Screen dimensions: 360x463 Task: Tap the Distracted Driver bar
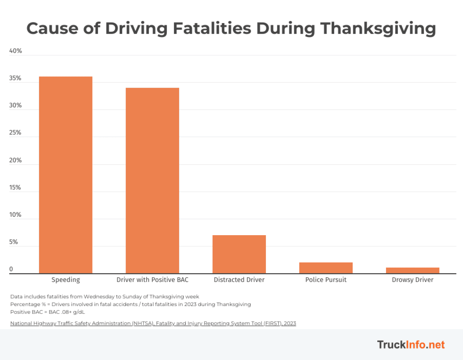tap(239, 254)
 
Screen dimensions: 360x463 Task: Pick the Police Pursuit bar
tap(326, 268)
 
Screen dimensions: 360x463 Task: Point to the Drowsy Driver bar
tap(412, 270)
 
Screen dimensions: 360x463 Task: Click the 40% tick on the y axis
tap(16, 51)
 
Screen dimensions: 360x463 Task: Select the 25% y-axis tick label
tap(15, 133)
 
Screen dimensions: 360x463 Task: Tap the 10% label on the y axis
tap(15, 215)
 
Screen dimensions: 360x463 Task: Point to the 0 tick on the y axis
tap(11, 269)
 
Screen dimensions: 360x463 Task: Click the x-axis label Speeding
tap(65, 280)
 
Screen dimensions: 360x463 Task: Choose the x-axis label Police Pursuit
tap(326, 280)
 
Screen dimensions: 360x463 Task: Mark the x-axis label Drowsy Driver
tap(412, 280)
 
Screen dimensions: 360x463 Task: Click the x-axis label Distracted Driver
tap(239, 280)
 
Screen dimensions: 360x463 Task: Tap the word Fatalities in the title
tap(212, 28)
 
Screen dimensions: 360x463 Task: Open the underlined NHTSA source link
tap(153, 323)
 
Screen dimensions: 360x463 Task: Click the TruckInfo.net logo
tap(411, 344)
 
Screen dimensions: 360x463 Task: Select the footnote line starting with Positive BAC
tap(47, 312)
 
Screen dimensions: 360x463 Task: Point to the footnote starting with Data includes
tap(105, 296)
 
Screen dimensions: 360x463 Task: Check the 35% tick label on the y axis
tap(15, 78)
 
